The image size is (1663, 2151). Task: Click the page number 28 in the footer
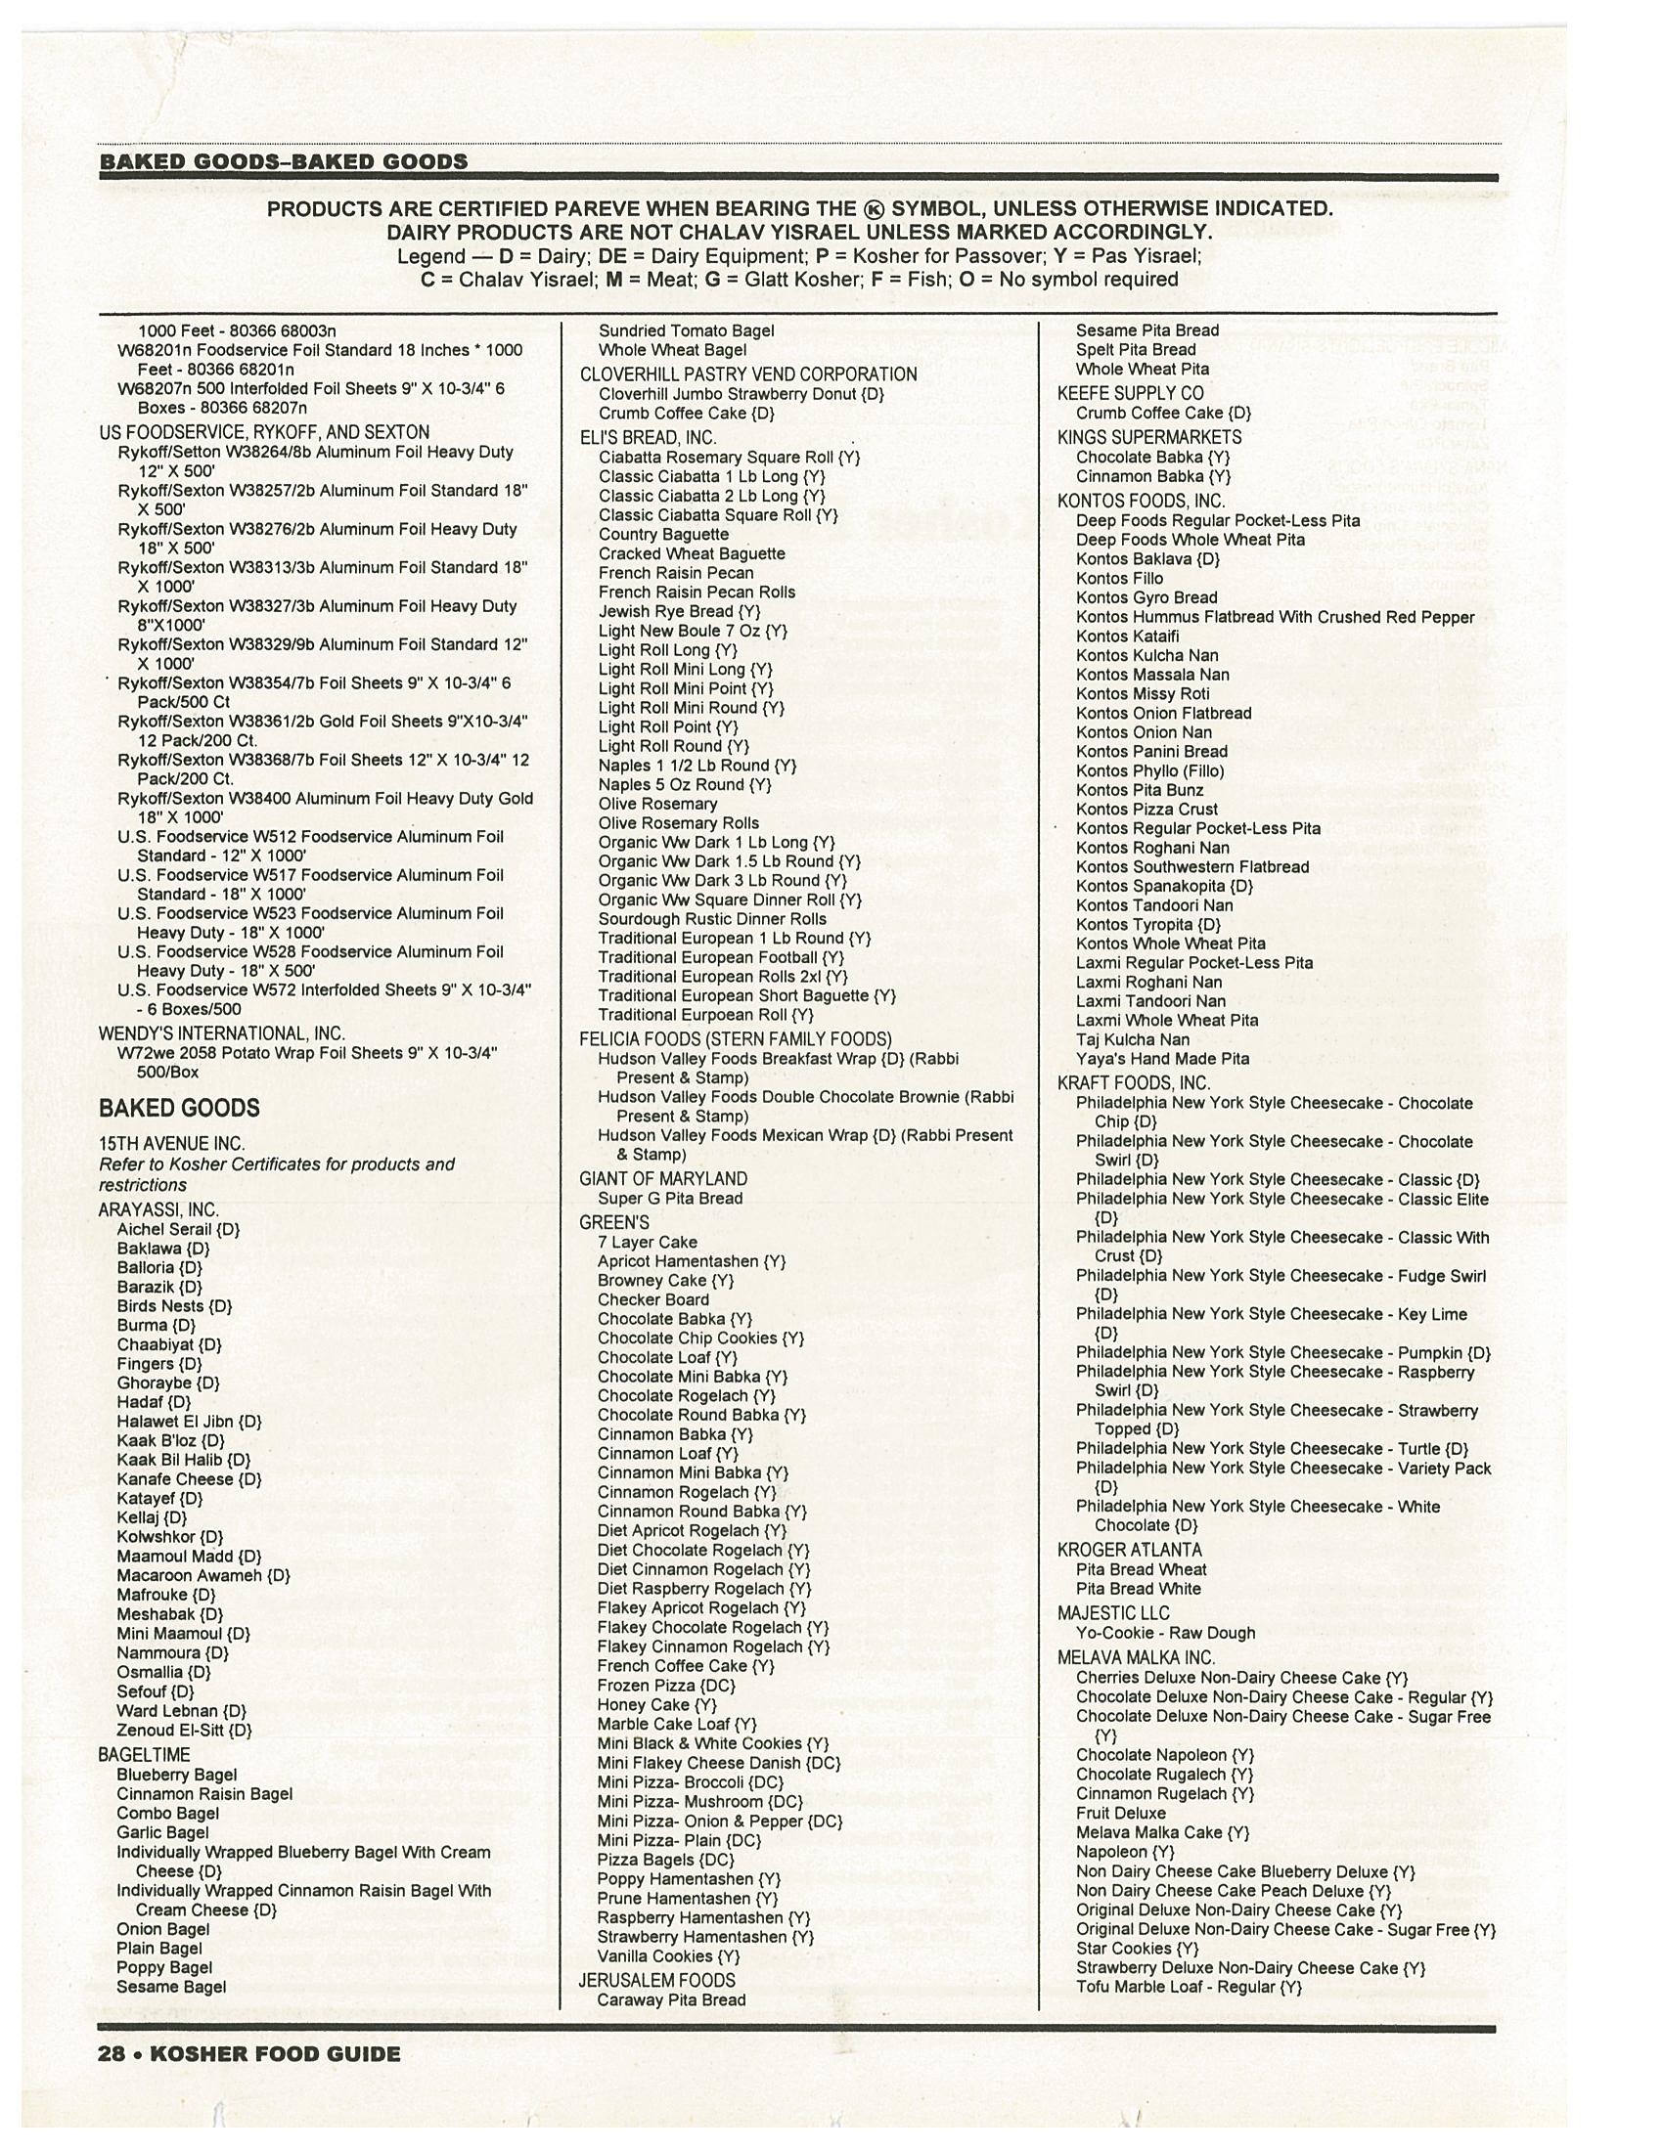point(112,2053)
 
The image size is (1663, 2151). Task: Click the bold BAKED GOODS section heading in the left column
point(178,1108)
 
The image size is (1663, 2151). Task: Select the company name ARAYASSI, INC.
point(157,1209)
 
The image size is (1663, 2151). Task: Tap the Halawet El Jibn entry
point(189,1422)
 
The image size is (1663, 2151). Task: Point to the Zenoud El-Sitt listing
point(184,1730)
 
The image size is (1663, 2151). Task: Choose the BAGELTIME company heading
point(144,1754)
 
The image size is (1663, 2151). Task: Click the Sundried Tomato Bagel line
point(686,330)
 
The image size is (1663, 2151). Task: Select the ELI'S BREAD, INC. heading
point(648,437)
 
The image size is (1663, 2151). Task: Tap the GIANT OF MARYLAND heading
point(663,1179)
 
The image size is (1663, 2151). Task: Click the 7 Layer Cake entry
point(647,1242)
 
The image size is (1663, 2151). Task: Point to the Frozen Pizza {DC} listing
point(666,1686)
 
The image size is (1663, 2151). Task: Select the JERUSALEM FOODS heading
point(656,1981)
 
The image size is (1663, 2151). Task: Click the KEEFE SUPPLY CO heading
point(1130,393)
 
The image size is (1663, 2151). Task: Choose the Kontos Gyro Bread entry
point(1146,597)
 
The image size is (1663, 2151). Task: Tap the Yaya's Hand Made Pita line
point(1161,1059)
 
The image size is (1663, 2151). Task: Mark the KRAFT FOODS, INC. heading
point(1134,1083)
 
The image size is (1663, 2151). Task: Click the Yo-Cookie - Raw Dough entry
point(1164,1633)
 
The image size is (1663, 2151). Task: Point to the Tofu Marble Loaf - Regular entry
point(1189,1988)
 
